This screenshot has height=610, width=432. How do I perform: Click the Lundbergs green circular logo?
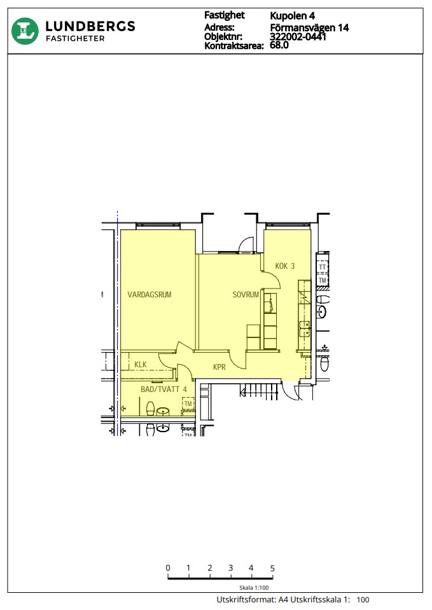pyautogui.click(x=25, y=31)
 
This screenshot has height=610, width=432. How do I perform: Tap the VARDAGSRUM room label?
pyautogui.click(x=150, y=294)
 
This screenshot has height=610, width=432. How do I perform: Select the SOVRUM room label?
pyautogui.click(x=246, y=294)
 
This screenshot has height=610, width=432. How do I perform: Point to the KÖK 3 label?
pyautogui.click(x=285, y=266)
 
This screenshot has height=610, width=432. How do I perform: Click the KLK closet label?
pyautogui.click(x=140, y=365)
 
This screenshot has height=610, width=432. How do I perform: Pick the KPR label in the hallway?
pyautogui.click(x=219, y=367)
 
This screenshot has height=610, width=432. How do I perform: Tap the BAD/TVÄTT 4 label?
pyautogui.click(x=164, y=389)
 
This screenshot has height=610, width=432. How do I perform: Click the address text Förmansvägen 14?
pyautogui.click(x=309, y=27)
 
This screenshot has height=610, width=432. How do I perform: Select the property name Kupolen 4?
pyautogui.click(x=292, y=16)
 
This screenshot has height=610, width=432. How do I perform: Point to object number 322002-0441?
pyautogui.click(x=298, y=37)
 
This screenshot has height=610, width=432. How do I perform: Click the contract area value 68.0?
pyautogui.click(x=279, y=45)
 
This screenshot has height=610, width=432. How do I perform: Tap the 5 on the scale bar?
pyautogui.click(x=272, y=568)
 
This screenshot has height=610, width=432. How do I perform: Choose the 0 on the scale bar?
pyautogui.click(x=168, y=568)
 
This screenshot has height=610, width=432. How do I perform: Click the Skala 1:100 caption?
pyautogui.click(x=254, y=588)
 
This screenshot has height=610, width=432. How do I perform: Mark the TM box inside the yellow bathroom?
pyautogui.click(x=188, y=404)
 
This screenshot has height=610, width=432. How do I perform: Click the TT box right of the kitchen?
pyautogui.click(x=322, y=267)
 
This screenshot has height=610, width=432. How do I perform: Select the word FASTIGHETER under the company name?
pyautogui.click(x=75, y=39)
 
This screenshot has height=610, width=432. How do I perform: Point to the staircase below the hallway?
pyautogui.click(x=260, y=391)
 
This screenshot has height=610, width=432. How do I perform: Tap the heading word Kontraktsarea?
pyautogui.click(x=233, y=46)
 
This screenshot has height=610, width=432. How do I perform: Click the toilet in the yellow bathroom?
pyautogui.click(x=150, y=409)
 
